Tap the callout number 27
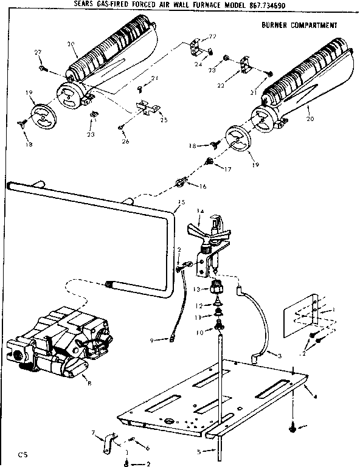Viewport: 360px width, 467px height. point(38,54)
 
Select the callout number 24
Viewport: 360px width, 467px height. point(198,64)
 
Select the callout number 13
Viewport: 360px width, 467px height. point(197,289)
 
